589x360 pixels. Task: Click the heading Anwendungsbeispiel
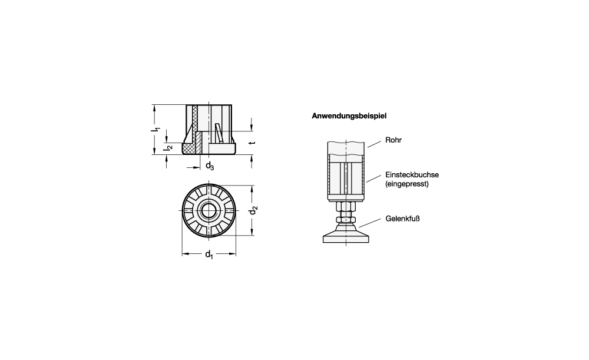349,115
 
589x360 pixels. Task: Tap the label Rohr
393,140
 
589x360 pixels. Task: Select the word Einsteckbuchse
412,175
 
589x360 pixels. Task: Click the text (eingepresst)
407,184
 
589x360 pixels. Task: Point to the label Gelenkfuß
402,219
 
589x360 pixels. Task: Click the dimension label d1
209,255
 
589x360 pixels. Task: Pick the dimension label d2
253,210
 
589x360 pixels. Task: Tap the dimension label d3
210,166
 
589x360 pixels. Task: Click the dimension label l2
168,147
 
